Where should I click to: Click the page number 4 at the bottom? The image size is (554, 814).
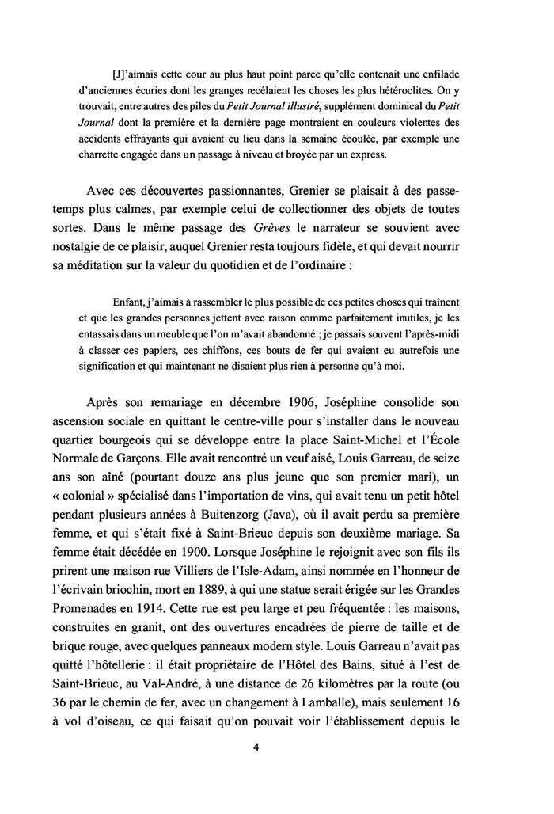[x=278, y=746]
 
